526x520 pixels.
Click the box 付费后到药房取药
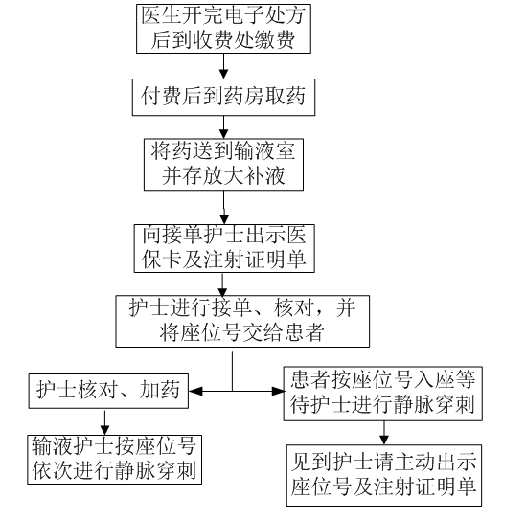223,98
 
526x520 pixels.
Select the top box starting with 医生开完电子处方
223,29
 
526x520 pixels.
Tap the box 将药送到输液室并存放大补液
223,165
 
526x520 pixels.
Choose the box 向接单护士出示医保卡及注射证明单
224,248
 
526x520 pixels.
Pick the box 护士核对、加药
108,391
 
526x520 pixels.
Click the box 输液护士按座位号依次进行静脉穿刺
114,460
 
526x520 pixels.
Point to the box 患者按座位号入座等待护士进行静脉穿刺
382,394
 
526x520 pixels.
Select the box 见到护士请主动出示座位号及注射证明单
384,475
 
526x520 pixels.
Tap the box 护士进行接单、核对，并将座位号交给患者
242,321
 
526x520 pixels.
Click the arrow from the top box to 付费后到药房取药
223,66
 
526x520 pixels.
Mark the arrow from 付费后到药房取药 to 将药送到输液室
223,127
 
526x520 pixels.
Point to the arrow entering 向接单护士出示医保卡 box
224,207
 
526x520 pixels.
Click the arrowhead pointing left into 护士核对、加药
195,391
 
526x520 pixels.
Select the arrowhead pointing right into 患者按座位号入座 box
278,391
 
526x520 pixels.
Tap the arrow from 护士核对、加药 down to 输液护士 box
105,421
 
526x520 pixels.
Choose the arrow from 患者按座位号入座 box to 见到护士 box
384,433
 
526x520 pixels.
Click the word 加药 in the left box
160,390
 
